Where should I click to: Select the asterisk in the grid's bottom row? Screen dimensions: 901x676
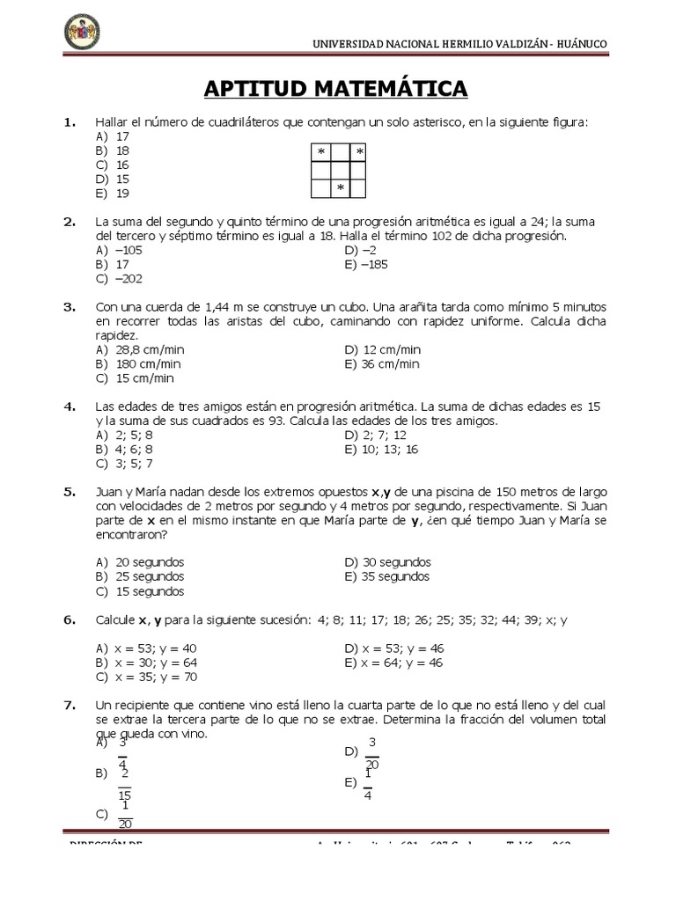pyautogui.click(x=340, y=189)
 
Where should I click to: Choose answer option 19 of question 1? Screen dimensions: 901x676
pyautogui.click(x=122, y=193)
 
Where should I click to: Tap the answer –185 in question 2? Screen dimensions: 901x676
pyautogui.click(x=373, y=264)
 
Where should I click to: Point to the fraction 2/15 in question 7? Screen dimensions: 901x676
pyautogui.click(x=125, y=782)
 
